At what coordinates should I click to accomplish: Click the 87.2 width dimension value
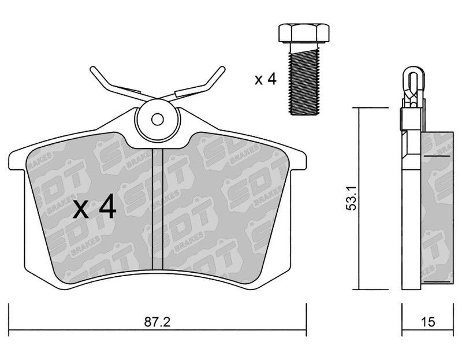click(157, 322)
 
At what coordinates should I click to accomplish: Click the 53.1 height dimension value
click(351, 198)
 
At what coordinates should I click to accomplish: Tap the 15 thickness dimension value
click(428, 322)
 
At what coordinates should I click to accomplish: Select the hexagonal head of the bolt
click(304, 33)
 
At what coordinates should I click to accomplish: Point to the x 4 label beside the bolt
click(266, 79)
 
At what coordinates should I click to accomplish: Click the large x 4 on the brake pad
click(95, 209)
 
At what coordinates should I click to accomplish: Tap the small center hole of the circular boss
click(158, 120)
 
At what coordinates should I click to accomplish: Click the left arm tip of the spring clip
click(92, 69)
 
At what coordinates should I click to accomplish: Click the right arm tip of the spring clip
click(222, 69)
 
